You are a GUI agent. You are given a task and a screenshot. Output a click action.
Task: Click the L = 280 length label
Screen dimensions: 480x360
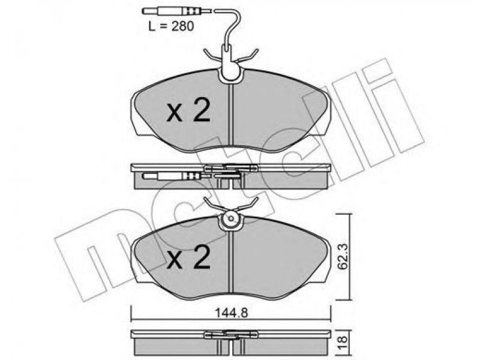(171, 26)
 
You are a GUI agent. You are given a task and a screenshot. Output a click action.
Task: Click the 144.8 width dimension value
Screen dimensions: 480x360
(231, 313)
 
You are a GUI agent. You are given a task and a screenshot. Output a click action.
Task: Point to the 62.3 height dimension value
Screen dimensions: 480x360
(343, 256)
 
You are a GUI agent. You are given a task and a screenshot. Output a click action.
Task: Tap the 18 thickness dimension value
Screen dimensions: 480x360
(343, 339)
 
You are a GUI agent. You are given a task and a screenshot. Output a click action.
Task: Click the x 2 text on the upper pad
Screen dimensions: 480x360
(188, 112)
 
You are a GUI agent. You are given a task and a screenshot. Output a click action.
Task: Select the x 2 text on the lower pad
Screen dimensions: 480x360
(188, 258)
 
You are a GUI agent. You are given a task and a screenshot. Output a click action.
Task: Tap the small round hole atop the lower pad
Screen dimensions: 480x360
(231, 218)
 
